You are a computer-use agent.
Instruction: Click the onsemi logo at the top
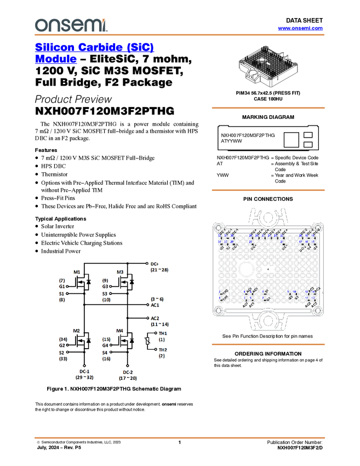pyautogui.click(x=71, y=25)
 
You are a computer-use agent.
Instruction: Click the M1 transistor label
pyautogui.click(x=77, y=272)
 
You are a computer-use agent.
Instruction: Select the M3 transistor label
pyautogui.click(x=120, y=272)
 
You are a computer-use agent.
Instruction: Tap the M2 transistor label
pyautogui.click(x=76, y=331)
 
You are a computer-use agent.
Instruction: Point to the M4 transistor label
pyautogui.click(x=120, y=331)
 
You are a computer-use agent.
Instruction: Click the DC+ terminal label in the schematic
pyautogui.click(x=155, y=264)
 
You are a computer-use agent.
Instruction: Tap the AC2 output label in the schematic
pyautogui.click(x=155, y=318)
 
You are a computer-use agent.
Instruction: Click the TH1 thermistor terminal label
pyautogui.click(x=163, y=333)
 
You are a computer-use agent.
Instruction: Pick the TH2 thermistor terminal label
pyautogui.click(x=163, y=350)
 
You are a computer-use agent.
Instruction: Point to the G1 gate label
pyautogui.click(x=62, y=287)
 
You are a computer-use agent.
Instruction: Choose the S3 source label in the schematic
pyautogui.click(x=105, y=294)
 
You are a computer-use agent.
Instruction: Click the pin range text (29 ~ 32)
pyautogui.click(x=84, y=378)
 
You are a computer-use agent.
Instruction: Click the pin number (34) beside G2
pyautogui.click(x=63, y=339)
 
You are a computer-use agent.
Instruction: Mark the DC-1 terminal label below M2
pyautogui.click(x=84, y=372)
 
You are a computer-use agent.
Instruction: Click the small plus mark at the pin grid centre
pyautogui.click(x=268, y=270)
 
